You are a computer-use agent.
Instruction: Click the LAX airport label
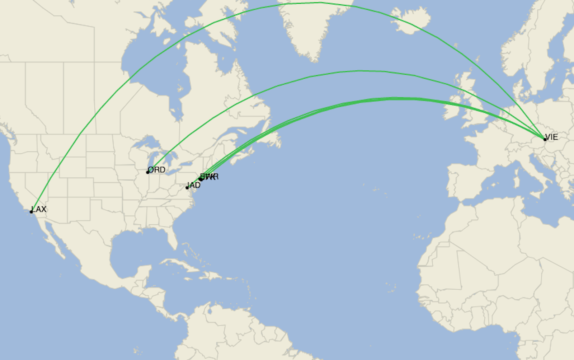point(39,209)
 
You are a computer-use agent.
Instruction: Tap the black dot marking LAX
point(31,212)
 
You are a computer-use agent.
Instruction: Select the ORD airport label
point(157,169)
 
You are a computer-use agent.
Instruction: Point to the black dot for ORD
point(147,172)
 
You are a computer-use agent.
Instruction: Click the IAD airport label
point(194,185)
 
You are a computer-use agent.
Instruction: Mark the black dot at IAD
point(187,188)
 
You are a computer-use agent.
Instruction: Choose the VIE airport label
point(551,137)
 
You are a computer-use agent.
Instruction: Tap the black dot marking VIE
point(545,140)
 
